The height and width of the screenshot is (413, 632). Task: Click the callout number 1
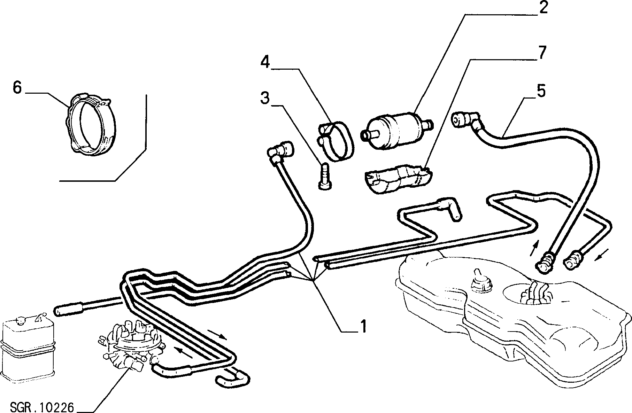pos(363,326)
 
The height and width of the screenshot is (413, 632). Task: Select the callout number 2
pos(542,8)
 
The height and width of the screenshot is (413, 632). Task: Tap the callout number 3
pos(265,98)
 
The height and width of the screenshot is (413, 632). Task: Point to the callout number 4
pos(265,63)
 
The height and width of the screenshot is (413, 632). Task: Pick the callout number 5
pos(541,91)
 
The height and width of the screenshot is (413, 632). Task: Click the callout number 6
pos(17,87)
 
